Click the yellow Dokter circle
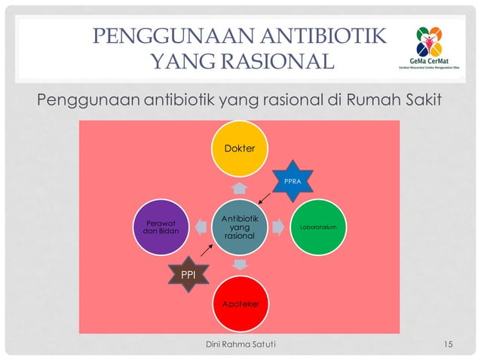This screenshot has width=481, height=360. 240,148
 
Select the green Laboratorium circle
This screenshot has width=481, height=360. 321,226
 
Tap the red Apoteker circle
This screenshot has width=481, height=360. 240,302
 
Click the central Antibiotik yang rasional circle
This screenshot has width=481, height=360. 240,227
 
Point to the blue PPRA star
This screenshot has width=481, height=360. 291,182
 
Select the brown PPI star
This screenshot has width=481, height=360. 186,276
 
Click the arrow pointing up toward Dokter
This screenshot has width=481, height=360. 240,187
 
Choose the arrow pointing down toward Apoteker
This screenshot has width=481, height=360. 240,265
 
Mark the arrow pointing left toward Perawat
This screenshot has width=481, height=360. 200,227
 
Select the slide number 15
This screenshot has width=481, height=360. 449,345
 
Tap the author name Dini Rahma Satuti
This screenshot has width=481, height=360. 240,345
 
